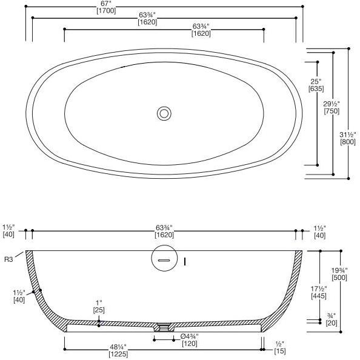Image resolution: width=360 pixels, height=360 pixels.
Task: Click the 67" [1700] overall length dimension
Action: pos(164,7)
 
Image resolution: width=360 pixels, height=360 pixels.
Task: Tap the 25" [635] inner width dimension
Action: pos(315,84)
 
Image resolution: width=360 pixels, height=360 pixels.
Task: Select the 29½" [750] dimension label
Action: pos(332,107)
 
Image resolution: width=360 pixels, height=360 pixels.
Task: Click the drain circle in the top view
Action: pos(164,113)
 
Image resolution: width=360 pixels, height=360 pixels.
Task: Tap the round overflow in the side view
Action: pos(163,259)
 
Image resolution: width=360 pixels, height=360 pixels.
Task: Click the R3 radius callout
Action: pos(9,259)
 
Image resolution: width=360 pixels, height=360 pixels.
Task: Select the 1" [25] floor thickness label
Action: pos(98,306)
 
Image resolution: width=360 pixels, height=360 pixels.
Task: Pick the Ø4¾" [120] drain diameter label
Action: pos(190,340)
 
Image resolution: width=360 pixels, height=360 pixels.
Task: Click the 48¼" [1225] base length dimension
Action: pos(118,350)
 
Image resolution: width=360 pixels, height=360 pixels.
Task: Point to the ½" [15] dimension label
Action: pos(279,347)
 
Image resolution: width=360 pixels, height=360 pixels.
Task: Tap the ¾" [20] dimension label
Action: pos(331,319)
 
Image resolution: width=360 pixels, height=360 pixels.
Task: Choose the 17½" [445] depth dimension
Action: pos(318,292)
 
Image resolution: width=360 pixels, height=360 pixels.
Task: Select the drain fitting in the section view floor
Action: pos(163,327)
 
